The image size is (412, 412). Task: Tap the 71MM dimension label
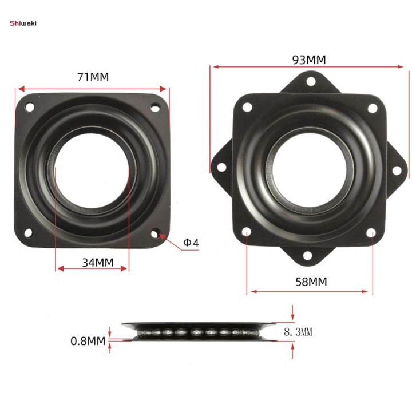pyautogui.click(x=93, y=77)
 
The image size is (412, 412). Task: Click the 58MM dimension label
pyautogui.click(x=309, y=282)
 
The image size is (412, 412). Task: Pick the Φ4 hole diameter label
pyautogui.click(x=191, y=243)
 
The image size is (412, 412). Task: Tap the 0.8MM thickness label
pyautogui.click(x=88, y=341)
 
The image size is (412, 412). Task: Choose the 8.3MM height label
pyautogui.click(x=298, y=331)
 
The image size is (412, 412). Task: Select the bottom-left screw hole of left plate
pyautogui.click(x=29, y=233)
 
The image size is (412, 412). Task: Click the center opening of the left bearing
pyautogui.click(x=92, y=170)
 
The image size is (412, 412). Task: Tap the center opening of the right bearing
pyautogui.click(x=309, y=170)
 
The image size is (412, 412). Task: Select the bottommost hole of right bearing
pyautogui.click(x=309, y=256)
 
